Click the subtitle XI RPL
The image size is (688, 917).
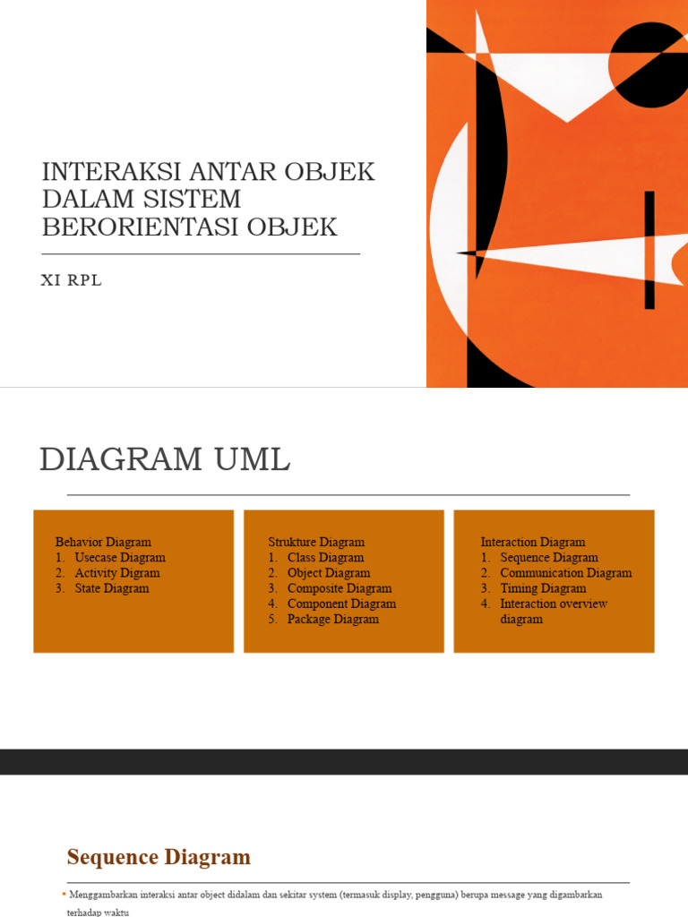pos(72,280)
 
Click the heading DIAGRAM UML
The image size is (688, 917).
pos(165,459)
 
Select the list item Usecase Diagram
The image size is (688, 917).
pos(120,557)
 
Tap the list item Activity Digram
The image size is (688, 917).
pos(117,572)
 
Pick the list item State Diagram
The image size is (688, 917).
pos(112,588)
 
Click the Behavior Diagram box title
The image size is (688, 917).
pos(103,542)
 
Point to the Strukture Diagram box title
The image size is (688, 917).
pos(316,542)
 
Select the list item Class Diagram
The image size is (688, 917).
pos(325,557)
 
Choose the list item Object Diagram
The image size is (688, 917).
pos(328,572)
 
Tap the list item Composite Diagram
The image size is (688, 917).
pos(340,588)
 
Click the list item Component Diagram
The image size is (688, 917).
pos(341,604)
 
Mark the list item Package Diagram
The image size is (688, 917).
pos(332,619)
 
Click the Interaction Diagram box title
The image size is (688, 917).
pos(533,542)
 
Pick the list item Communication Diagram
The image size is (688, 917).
pos(565,572)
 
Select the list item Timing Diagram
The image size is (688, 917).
pos(543,588)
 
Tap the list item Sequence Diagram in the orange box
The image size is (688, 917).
pos(548,557)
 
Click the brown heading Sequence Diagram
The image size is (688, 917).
pos(159,857)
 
